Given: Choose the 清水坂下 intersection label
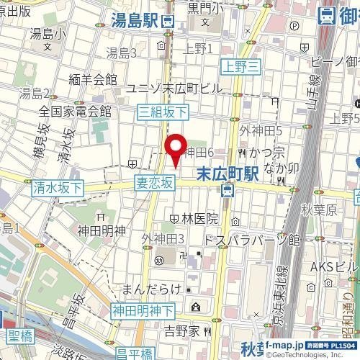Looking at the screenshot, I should (x=58, y=188).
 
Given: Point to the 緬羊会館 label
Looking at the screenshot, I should (x=94, y=78).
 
